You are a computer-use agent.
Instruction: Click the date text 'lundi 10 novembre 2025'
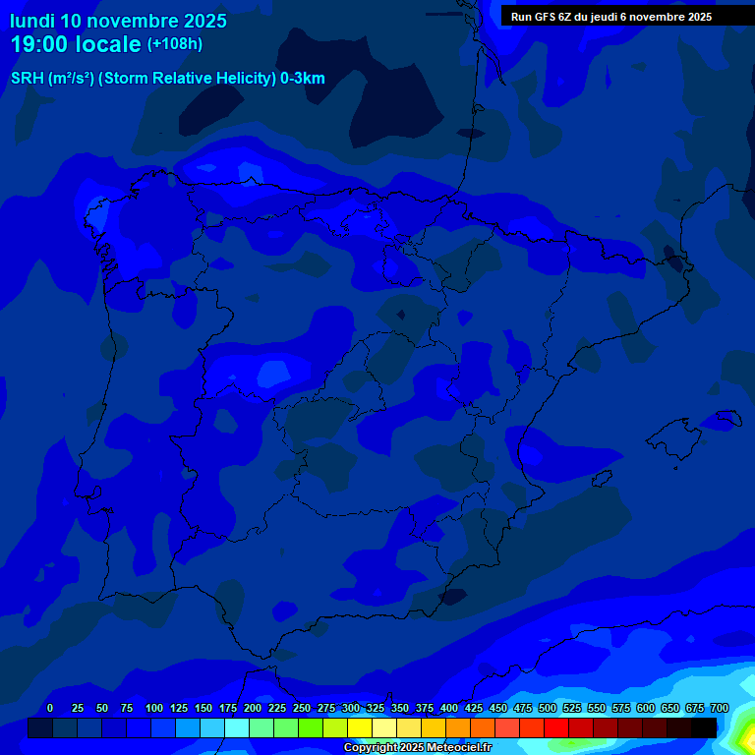[x=118, y=21]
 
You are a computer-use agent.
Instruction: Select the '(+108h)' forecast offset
[x=174, y=44]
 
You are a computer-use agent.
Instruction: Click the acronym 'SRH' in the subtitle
[x=28, y=79]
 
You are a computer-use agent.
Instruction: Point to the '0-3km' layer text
[x=303, y=79]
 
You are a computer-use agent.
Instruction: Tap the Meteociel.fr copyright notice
[x=417, y=748]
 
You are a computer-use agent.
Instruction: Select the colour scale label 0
[x=50, y=708]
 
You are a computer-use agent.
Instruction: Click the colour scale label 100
[x=154, y=708]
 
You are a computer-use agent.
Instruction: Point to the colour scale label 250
[x=302, y=708]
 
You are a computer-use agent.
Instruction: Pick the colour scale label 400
[x=449, y=708]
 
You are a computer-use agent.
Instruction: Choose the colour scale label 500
[x=548, y=708]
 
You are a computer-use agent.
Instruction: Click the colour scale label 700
[x=720, y=708]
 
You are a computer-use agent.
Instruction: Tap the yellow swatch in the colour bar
[x=360, y=727]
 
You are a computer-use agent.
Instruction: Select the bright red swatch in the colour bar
[x=556, y=727]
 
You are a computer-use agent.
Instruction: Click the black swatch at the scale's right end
[x=704, y=727]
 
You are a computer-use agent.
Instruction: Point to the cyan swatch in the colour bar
[x=237, y=727]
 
